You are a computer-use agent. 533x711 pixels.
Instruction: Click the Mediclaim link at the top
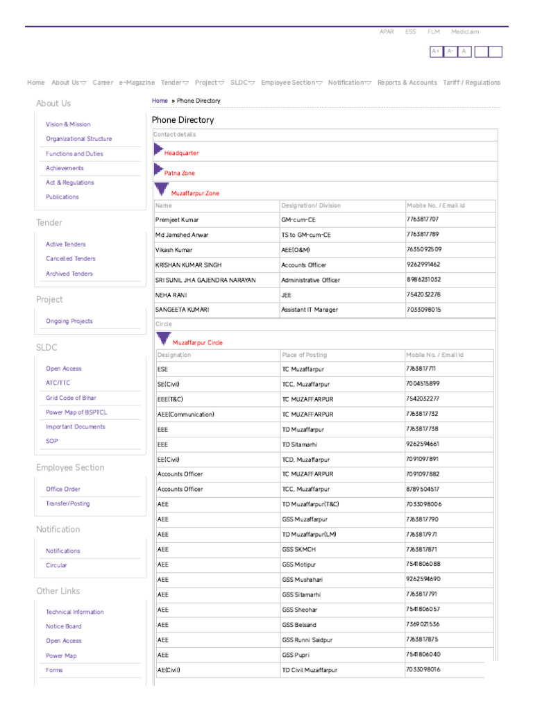coord(464,32)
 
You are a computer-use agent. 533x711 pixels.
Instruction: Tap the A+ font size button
coord(436,51)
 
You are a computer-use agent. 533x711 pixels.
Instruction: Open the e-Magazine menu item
coord(137,83)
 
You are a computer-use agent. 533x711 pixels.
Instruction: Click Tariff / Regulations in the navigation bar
coord(471,83)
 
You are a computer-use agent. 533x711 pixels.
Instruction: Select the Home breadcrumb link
coord(160,101)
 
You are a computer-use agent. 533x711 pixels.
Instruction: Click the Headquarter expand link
coord(181,153)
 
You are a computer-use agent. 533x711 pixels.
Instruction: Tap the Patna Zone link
coord(179,173)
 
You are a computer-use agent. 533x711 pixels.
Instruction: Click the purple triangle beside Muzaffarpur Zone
coord(162,189)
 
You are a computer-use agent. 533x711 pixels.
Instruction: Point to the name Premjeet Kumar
coord(177,219)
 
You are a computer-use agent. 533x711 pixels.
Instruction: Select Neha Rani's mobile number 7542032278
coord(423,294)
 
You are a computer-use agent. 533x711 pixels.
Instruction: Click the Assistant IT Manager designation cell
coord(310,310)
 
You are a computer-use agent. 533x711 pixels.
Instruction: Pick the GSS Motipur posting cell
coord(298,564)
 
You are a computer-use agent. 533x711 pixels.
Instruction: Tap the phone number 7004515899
coord(423,383)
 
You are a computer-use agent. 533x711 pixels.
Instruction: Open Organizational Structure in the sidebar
coord(78,139)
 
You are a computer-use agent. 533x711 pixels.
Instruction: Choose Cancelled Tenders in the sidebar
coord(71,259)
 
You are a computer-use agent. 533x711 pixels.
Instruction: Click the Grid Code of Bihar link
coord(71,398)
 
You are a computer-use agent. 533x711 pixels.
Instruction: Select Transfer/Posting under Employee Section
coord(67,503)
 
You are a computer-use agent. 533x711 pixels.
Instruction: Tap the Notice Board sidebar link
coord(63,626)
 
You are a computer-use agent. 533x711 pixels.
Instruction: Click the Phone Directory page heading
coord(183,120)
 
